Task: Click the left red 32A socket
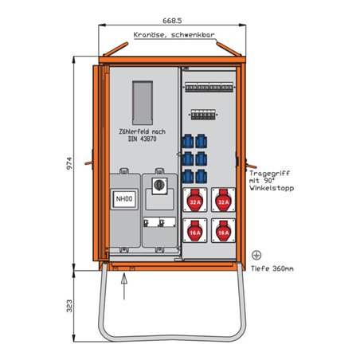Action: pos(195,202)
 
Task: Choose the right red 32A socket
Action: pos(223,202)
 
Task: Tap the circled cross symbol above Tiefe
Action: pos(256,256)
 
